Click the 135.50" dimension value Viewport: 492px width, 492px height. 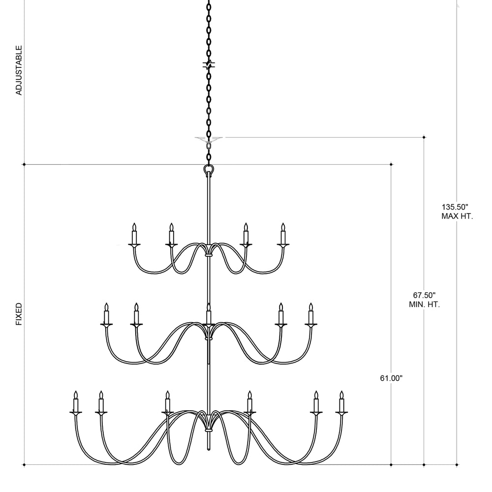455,207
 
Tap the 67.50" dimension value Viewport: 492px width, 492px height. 424,295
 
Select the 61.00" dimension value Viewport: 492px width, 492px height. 391,378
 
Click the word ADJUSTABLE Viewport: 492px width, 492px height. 19,70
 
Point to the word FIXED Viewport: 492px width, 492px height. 19,314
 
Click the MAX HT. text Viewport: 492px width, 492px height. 457,216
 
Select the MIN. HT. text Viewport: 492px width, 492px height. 424,305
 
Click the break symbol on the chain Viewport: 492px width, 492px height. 209,65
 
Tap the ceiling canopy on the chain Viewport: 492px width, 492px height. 209,140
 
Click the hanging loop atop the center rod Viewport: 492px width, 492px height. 209,170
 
